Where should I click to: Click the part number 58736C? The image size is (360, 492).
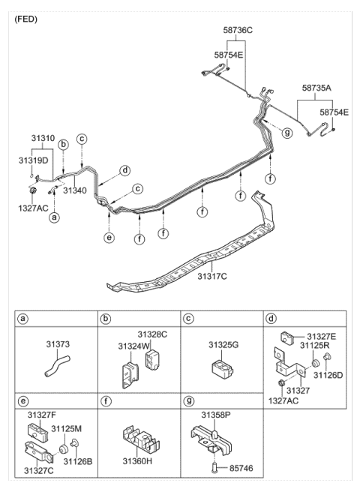pyautogui.click(x=238, y=29)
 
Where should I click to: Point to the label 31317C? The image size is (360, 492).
pyautogui.click(x=211, y=277)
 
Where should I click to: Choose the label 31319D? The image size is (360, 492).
pyautogui.click(x=34, y=160)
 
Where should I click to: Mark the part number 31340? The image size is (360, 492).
pyautogui.click(x=76, y=191)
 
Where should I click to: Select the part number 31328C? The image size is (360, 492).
pyautogui.click(x=152, y=334)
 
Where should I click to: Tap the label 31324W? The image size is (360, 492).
pyautogui.click(x=133, y=346)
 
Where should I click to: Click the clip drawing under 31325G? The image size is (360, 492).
pyautogui.click(x=220, y=367)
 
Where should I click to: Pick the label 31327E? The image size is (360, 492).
pyautogui.click(x=322, y=337)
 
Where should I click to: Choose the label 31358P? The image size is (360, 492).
pyautogui.click(x=217, y=413)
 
